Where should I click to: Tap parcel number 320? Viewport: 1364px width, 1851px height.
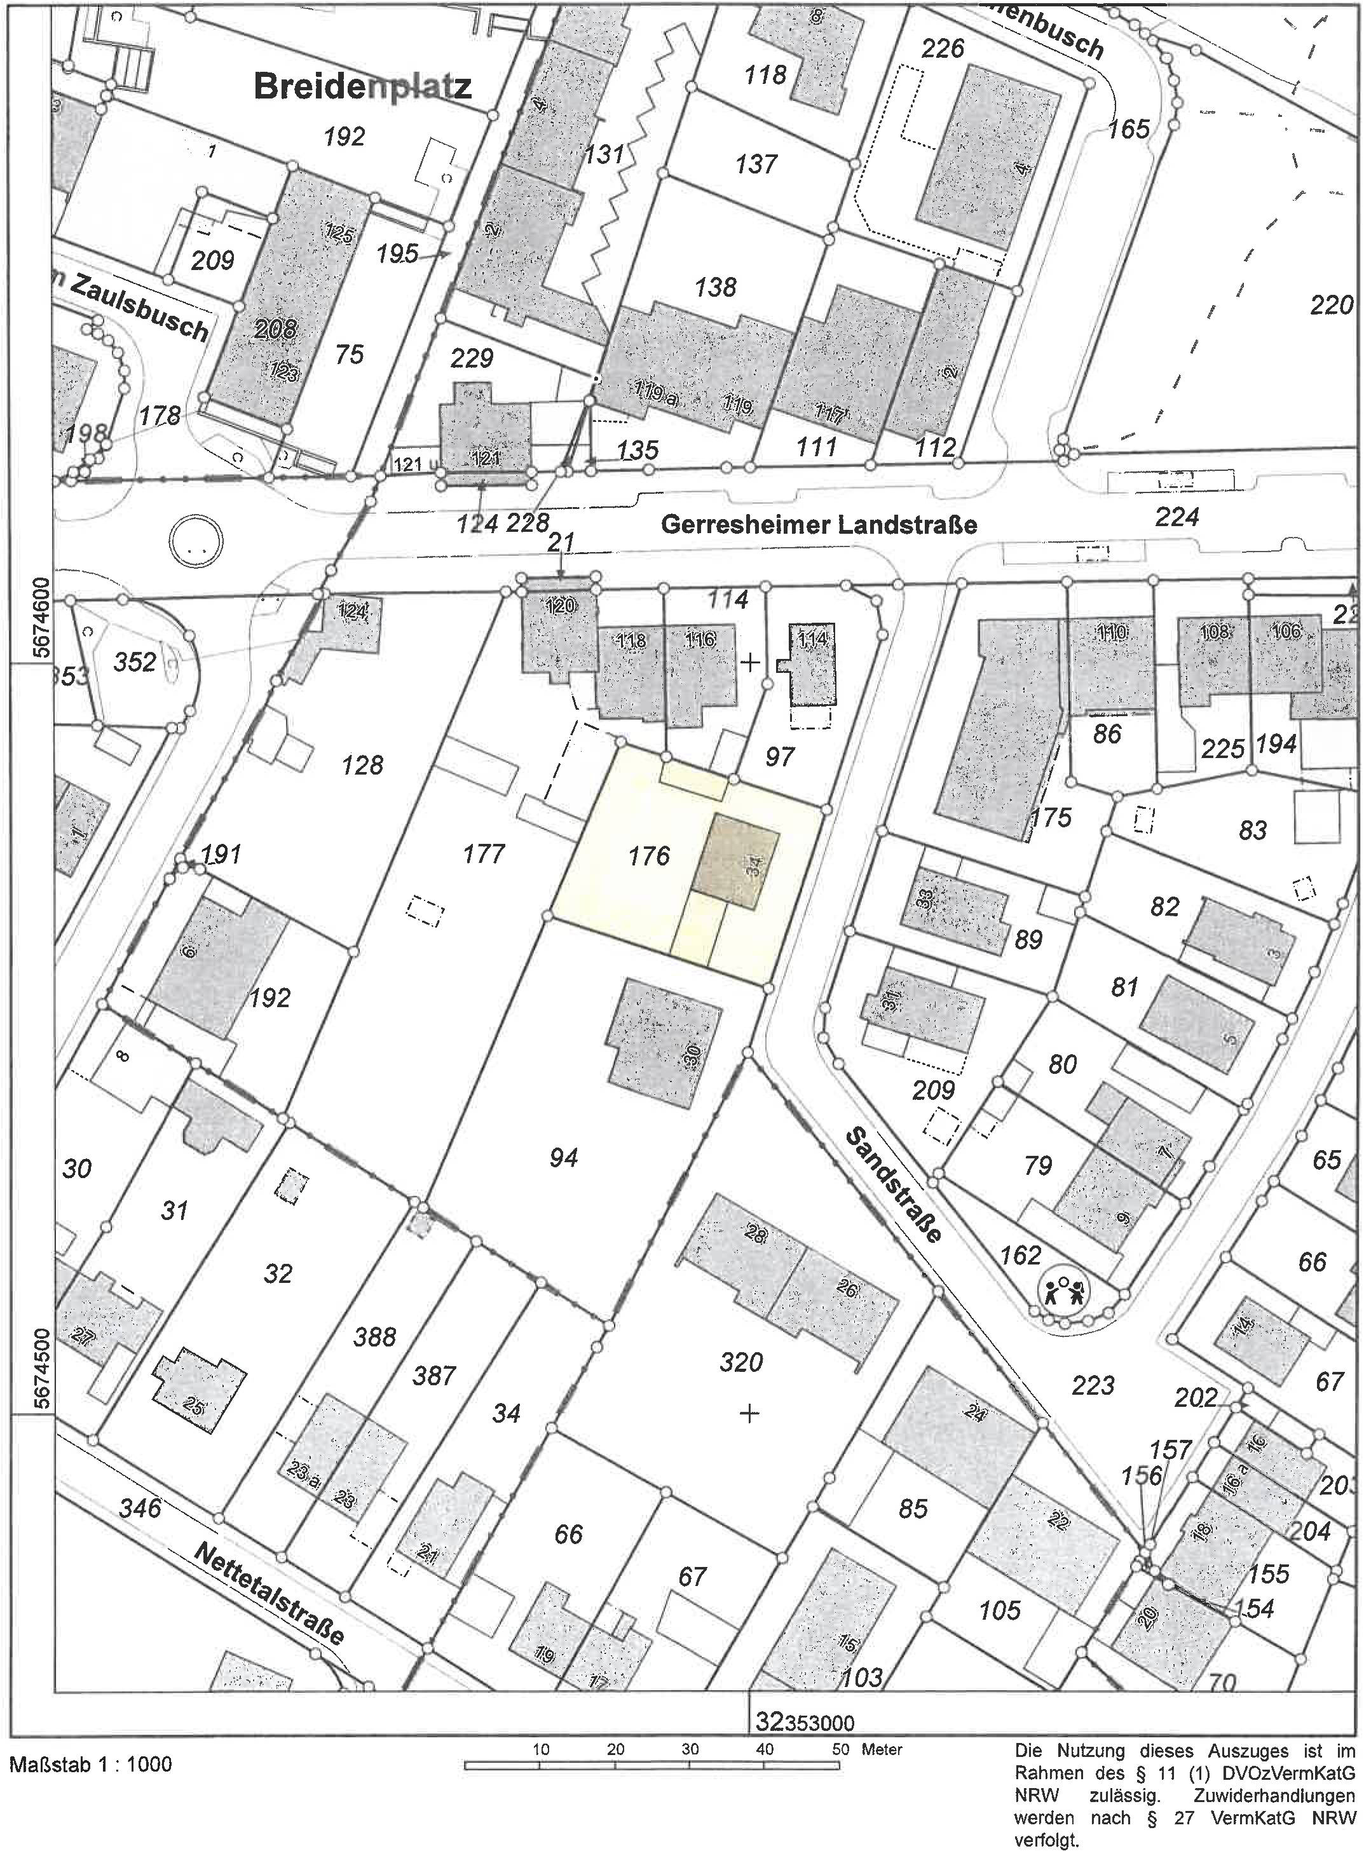[x=740, y=1361]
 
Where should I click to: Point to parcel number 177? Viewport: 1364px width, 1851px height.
[x=483, y=853]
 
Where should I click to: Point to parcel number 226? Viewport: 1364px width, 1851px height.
[x=942, y=49]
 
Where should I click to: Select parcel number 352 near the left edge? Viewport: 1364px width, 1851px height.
[x=135, y=662]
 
